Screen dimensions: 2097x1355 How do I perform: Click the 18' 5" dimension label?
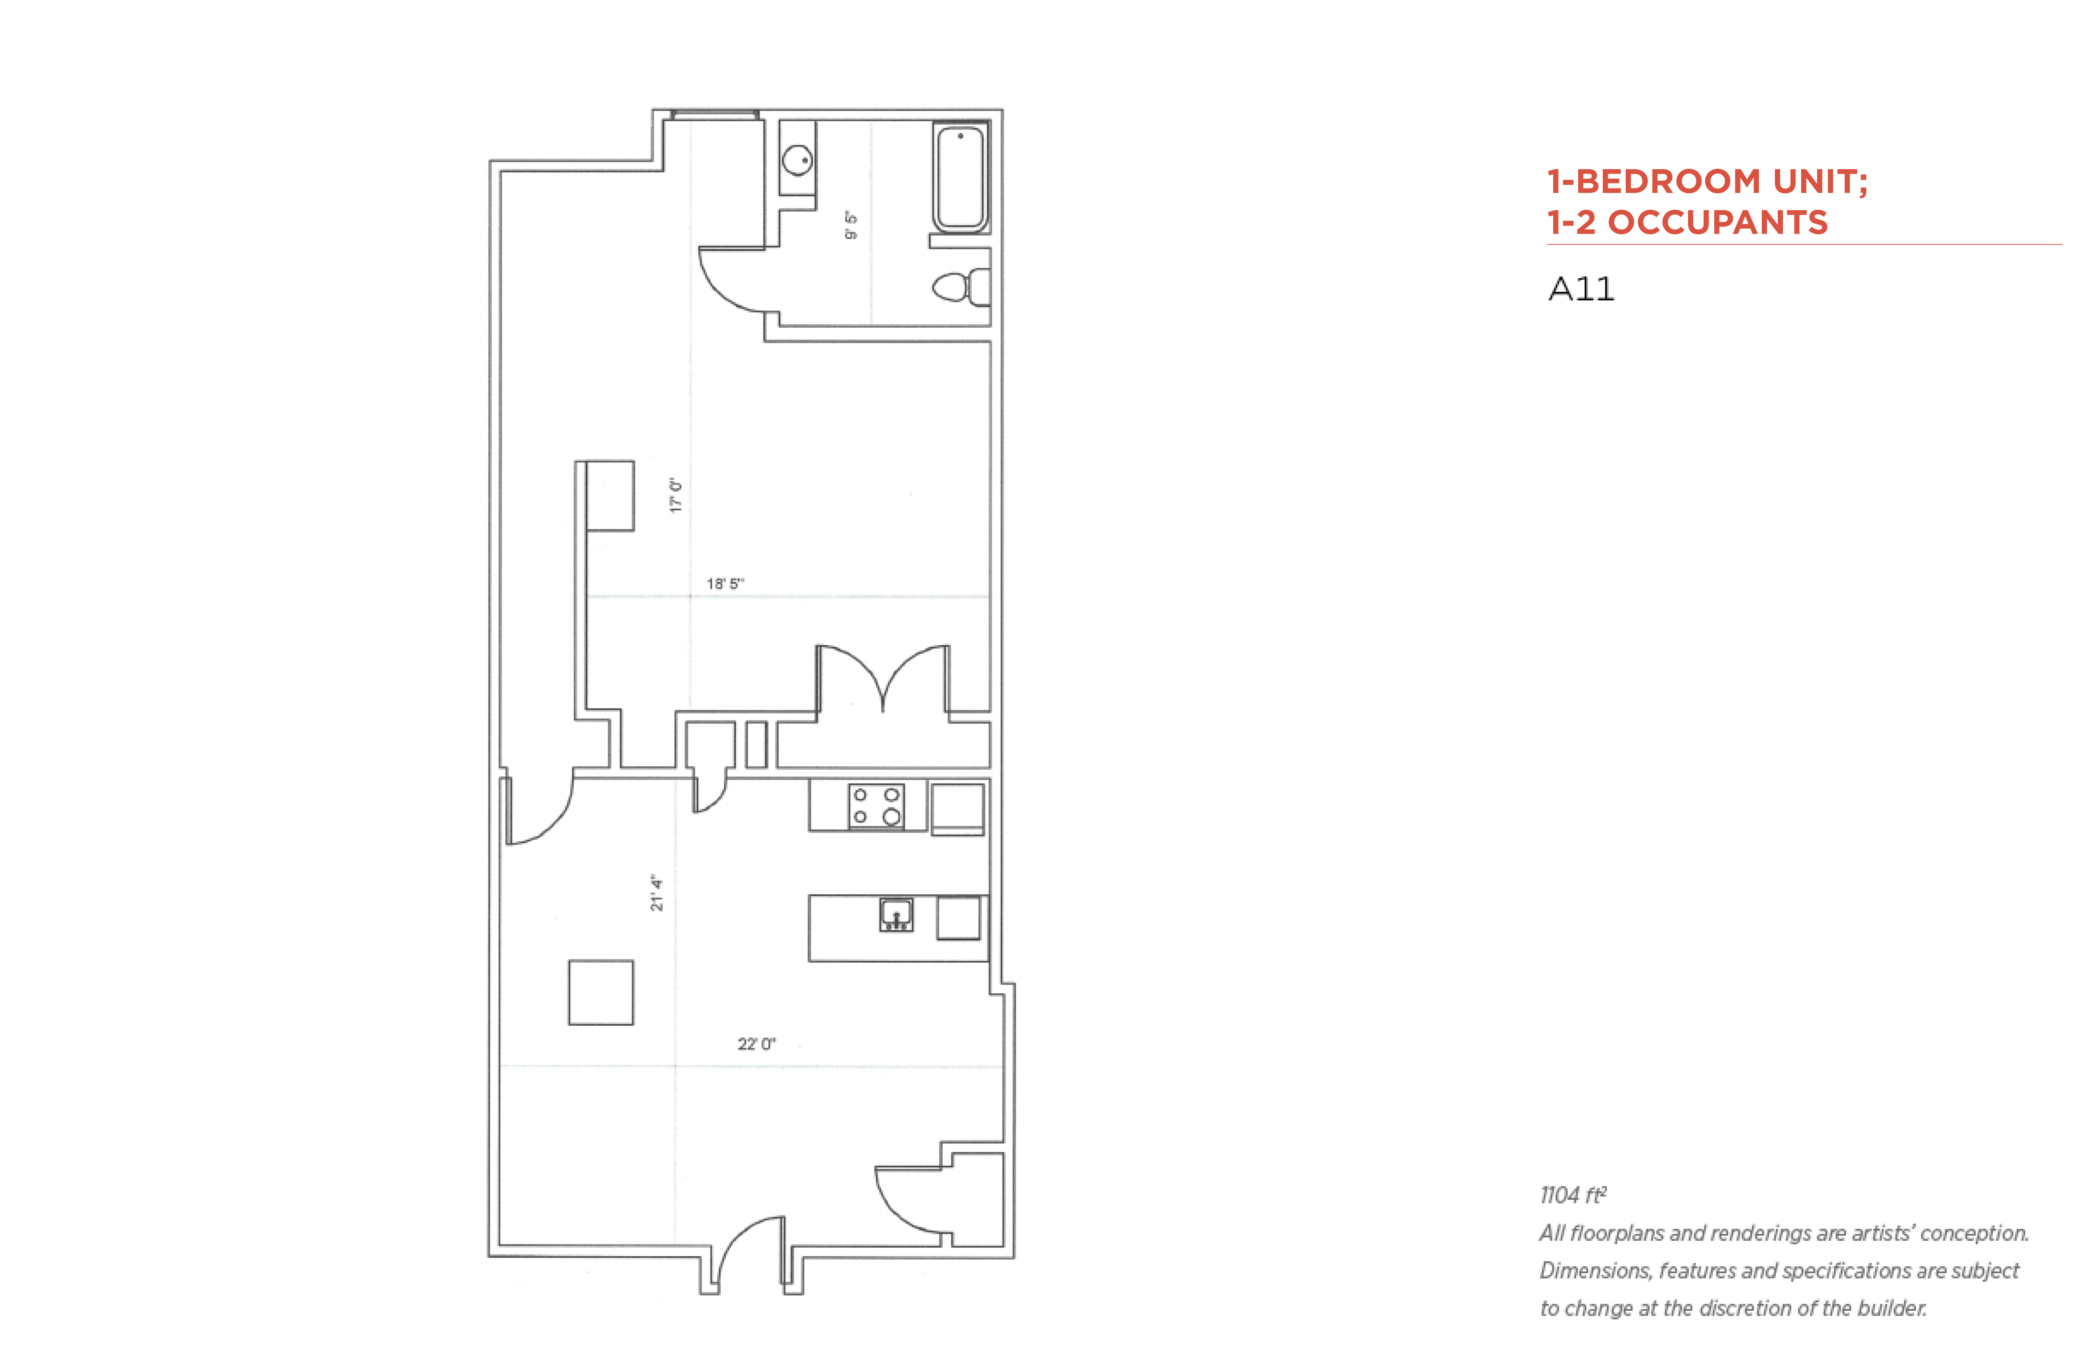pos(725,583)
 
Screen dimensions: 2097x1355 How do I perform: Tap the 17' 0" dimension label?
pos(675,496)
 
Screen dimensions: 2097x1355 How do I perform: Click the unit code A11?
pos(1581,290)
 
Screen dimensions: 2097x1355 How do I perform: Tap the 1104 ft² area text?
pos(1573,1195)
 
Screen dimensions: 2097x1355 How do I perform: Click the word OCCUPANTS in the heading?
pos(1718,222)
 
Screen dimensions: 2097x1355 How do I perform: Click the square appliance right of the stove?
pos(958,808)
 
